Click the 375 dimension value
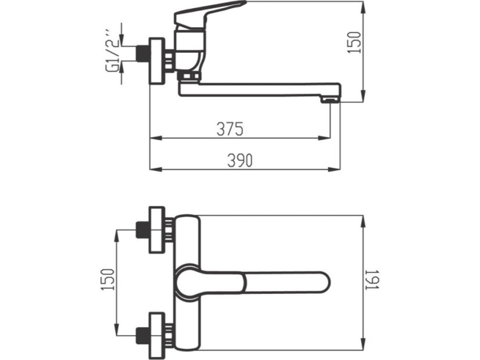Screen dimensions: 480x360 click(x=230, y=129)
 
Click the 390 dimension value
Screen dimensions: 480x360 click(x=240, y=160)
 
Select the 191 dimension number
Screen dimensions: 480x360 click(x=373, y=279)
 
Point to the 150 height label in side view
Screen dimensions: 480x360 click(x=355, y=42)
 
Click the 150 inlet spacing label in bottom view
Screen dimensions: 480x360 click(x=108, y=279)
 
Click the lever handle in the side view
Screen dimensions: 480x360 click(x=208, y=13)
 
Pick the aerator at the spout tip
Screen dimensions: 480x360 click(x=330, y=100)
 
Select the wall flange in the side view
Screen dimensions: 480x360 click(x=157, y=60)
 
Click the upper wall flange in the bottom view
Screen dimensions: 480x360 click(x=157, y=230)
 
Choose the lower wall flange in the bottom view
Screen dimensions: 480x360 click(x=157, y=336)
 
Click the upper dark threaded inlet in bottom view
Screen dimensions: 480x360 click(x=142, y=230)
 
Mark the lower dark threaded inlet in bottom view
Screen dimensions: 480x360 click(x=142, y=336)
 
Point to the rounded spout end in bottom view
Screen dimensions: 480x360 click(x=321, y=282)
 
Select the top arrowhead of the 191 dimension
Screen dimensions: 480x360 click(x=363, y=221)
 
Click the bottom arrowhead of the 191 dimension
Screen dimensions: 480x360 click(x=363, y=344)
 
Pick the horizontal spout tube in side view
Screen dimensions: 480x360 click(x=260, y=89)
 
